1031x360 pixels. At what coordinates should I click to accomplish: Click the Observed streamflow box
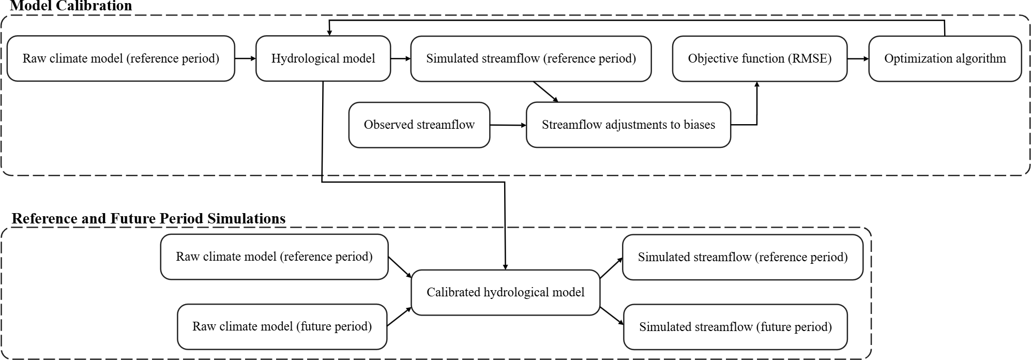[x=419, y=125]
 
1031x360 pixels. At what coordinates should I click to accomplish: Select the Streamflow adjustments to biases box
[x=628, y=125]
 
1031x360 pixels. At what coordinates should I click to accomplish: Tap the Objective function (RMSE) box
[x=760, y=58]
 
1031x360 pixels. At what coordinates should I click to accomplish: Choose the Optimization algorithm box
[x=945, y=58]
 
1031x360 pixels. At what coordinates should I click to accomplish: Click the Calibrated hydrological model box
[x=505, y=292]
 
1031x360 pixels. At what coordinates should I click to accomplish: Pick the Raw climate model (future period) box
[x=282, y=326]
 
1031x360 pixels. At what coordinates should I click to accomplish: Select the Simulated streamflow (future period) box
[x=735, y=326]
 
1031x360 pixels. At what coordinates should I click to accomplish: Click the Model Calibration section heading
[x=71, y=6]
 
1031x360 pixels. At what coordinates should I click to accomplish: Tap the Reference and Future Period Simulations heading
[x=148, y=218]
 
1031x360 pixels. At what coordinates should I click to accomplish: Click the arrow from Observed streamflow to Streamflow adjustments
[x=508, y=125]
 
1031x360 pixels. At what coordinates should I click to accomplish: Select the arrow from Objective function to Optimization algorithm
[x=858, y=58]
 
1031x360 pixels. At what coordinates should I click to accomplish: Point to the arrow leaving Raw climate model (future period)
[x=399, y=317]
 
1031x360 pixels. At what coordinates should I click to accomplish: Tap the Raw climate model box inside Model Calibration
[x=121, y=58]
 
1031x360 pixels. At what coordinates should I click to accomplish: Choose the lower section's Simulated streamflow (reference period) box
[x=742, y=257]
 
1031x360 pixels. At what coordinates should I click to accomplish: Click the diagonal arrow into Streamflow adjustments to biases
[x=546, y=92]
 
